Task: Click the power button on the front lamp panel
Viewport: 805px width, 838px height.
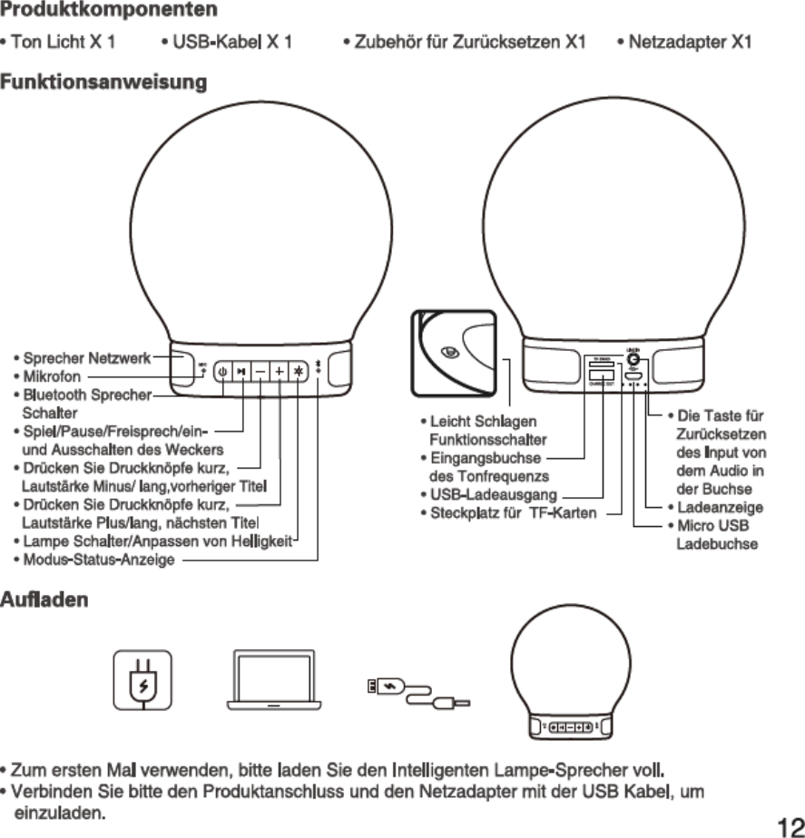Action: click(222, 371)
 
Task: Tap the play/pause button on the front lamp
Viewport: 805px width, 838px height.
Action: click(241, 371)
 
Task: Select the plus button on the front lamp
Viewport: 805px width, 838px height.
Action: click(279, 371)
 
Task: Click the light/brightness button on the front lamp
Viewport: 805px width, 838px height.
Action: click(298, 371)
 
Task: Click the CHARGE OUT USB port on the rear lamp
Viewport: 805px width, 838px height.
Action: click(599, 375)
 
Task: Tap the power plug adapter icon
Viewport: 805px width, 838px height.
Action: click(142, 680)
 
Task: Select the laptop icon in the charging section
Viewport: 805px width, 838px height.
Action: click(274, 680)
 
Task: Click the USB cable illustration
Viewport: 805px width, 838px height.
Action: click(417, 691)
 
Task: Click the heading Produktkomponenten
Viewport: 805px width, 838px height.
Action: click(108, 11)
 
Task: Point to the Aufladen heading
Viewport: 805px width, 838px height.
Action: click(44, 600)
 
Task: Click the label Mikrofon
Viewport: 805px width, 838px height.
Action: click(52, 375)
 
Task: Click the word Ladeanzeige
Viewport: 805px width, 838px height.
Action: click(720, 508)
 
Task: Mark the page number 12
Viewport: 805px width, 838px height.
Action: click(789, 824)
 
